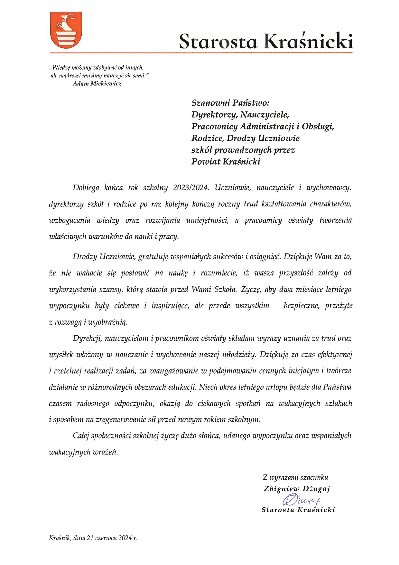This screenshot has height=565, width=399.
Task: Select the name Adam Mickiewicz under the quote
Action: point(97,84)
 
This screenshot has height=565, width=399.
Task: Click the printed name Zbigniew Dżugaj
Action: point(297,489)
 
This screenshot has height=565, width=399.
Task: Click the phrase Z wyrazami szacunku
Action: point(295,477)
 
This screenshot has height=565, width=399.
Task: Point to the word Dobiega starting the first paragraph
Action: point(86,188)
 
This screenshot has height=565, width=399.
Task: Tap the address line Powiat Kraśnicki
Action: point(226,161)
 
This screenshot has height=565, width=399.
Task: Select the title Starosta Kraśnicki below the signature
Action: point(298,510)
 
